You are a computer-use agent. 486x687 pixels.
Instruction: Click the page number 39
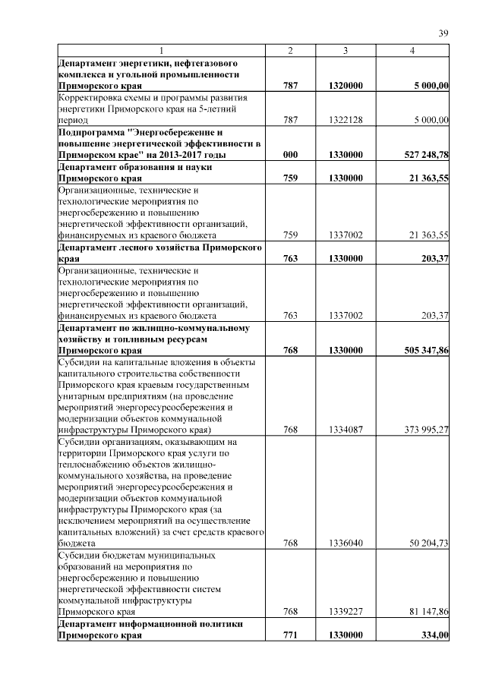pos(443,33)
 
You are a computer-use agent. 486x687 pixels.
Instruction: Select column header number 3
pos(345,50)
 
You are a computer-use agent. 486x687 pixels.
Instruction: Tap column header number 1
pos(160,50)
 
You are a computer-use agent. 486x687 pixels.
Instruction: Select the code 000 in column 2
pos(289,155)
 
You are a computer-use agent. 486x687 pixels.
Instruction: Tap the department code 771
pos(289,635)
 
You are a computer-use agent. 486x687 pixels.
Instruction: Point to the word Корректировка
pos(92,98)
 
